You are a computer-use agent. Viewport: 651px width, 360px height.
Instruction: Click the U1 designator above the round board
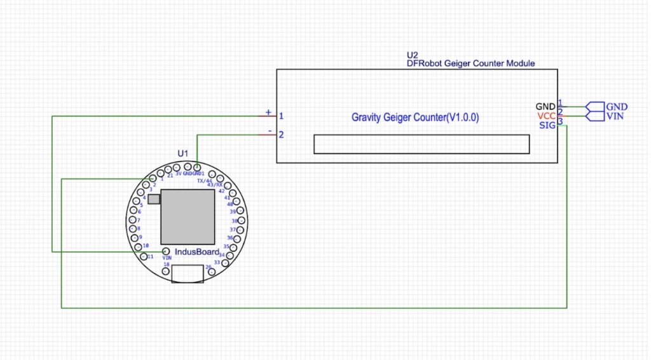183,153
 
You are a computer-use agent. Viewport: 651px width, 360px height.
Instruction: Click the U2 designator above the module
412,55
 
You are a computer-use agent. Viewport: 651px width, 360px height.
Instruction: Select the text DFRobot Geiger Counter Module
470,64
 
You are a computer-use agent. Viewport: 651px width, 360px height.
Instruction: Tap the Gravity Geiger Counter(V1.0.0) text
415,118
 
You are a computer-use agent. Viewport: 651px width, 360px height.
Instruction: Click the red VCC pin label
546,116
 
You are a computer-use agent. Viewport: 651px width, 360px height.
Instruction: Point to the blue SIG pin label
547,125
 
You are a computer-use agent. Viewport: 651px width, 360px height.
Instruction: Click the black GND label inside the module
545,106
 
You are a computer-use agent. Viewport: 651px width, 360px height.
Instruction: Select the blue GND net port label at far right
617,107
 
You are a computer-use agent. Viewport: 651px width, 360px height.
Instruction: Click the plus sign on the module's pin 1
268,113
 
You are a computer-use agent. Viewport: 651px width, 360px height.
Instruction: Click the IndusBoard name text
197,252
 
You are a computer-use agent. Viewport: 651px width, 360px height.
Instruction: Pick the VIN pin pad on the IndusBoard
165,251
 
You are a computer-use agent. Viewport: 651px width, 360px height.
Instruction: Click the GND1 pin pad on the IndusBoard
197,167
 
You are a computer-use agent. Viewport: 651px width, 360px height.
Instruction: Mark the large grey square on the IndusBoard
188,216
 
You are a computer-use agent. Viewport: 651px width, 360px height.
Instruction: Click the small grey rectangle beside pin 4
154,199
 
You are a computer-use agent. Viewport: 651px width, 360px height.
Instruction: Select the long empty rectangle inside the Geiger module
421,144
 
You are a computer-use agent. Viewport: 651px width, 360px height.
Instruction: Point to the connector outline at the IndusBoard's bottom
188,273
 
